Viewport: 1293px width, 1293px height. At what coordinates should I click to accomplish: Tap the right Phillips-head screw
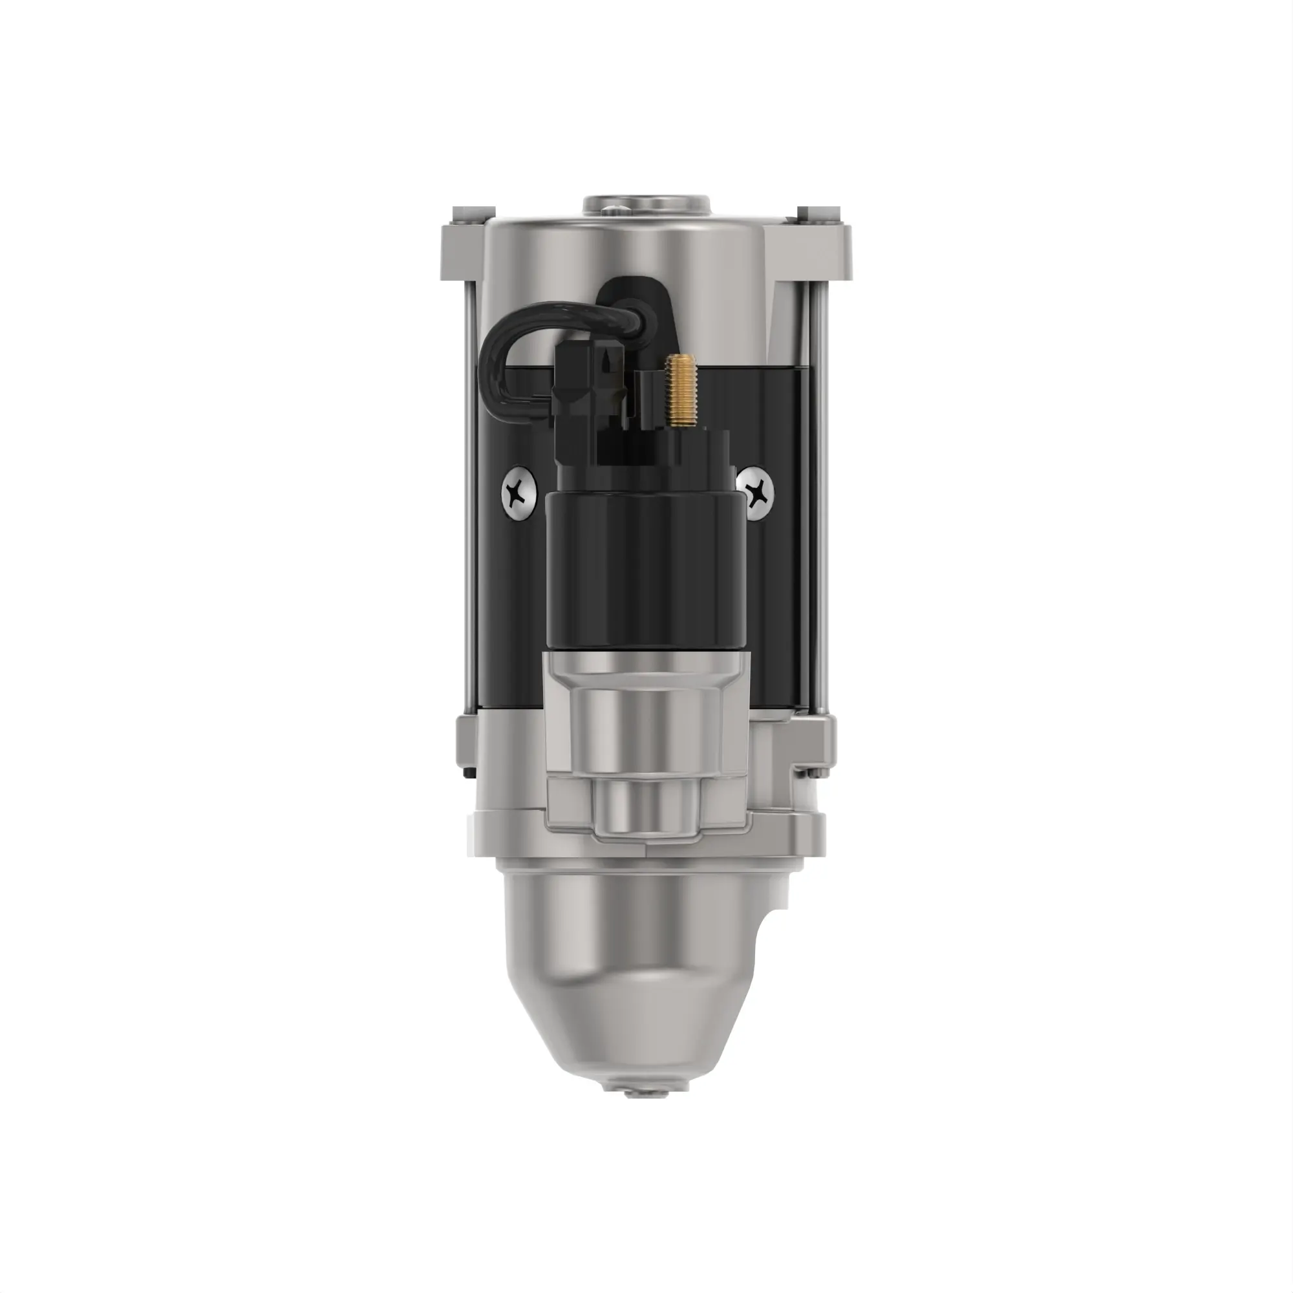tap(756, 495)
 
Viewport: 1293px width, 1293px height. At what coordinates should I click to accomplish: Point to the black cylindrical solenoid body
tap(645, 569)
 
